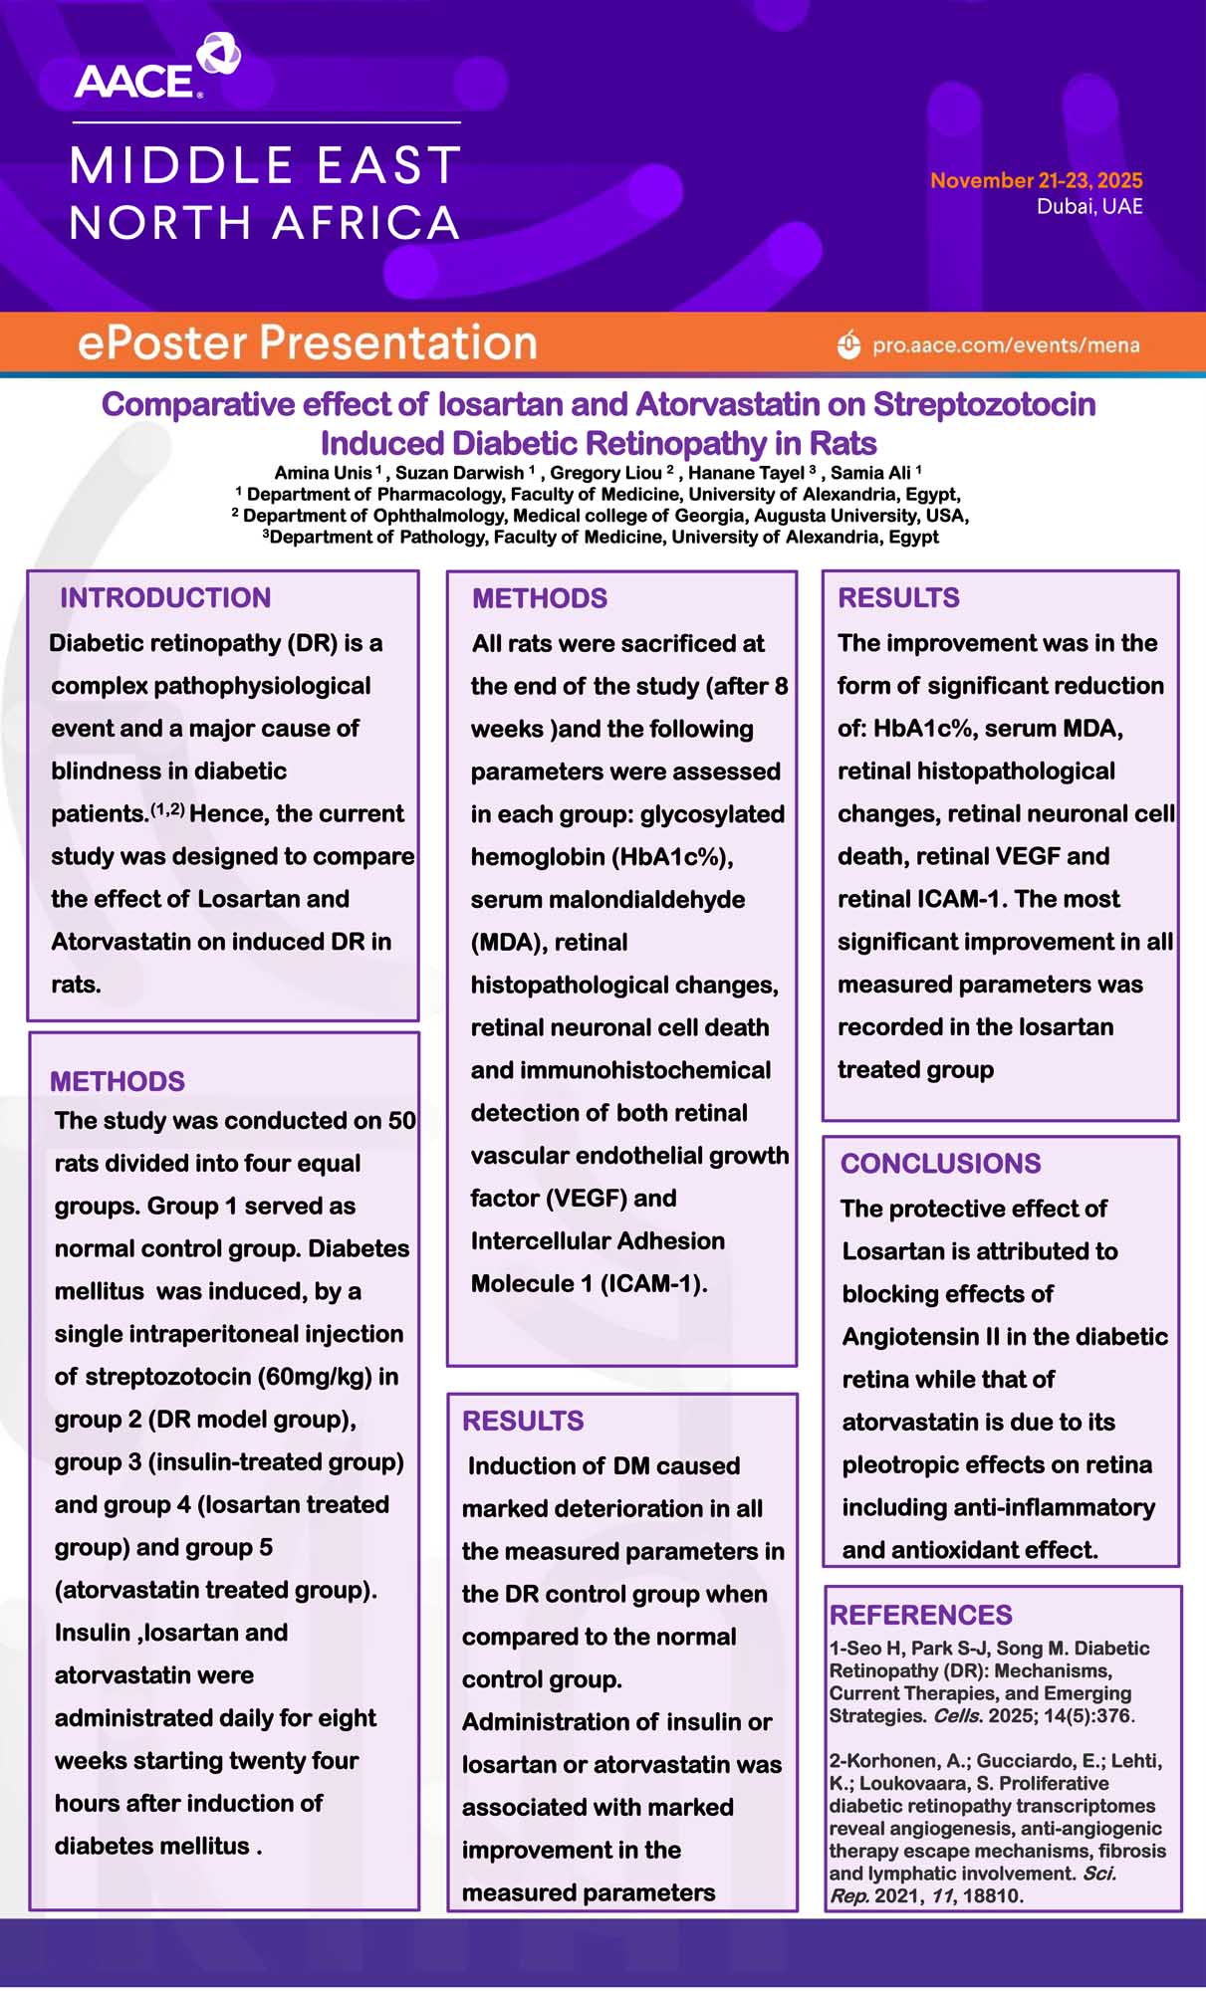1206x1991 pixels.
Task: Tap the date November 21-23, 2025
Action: pos(1036,180)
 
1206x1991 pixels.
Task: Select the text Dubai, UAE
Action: pos(1089,206)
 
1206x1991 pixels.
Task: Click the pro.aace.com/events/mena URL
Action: pos(1006,345)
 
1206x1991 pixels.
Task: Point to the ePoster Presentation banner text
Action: pos(308,342)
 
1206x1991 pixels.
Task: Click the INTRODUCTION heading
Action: pos(165,597)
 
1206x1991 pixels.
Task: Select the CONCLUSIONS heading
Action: pos(940,1163)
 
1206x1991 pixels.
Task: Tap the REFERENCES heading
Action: pos(920,1615)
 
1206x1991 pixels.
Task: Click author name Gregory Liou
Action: pos(606,473)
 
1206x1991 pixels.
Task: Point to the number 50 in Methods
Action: pos(401,1121)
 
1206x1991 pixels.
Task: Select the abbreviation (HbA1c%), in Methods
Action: pos(602,857)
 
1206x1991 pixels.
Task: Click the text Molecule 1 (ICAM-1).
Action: pos(589,1284)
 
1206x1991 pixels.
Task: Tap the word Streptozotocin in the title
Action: pos(984,404)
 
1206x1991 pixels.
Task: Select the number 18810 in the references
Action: pos(992,1895)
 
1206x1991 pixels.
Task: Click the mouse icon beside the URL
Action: pos(848,344)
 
